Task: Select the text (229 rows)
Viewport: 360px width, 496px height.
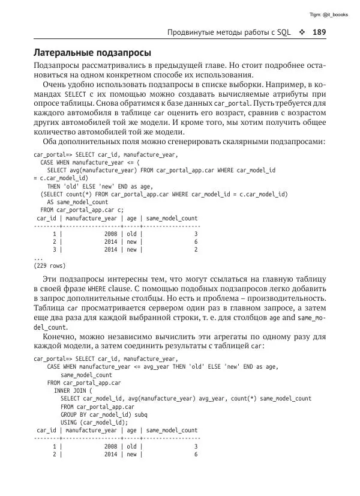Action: pyautogui.click(x=49, y=265)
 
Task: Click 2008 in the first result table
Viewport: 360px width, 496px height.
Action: pyautogui.click(x=111, y=234)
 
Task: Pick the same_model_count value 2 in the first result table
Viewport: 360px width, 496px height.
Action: pyautogui.click(x=196, y=249)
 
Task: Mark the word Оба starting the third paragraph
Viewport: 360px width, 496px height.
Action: pyautogui.click(x=52, y=142)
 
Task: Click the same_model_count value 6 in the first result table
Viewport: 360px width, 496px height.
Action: pyautogui.click(x=196, y=241)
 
